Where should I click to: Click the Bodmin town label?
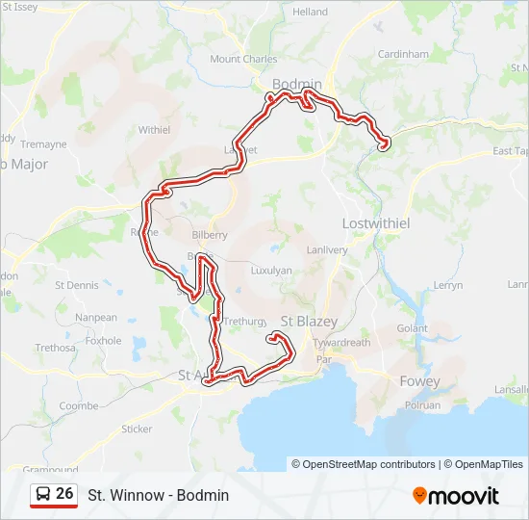(296, 85)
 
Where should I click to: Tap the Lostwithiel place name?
(376, 222)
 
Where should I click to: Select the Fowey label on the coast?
(420, 381)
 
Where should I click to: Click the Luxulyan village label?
(270, 271)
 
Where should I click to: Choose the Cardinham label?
(403, 55)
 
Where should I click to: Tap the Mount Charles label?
(243, 59)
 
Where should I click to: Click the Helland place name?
(310, 12)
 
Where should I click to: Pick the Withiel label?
(154, 129)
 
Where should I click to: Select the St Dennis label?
(77, 285)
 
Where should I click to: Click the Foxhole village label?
(103, 341)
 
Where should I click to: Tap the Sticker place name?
(137, 429)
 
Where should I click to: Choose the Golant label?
(412, 328)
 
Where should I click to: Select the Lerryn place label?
(448, 286)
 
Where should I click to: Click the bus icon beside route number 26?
(42, 494)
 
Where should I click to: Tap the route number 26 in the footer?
(64, 494)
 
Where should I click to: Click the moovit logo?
(456, 496)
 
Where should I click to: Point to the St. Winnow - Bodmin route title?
(159, 495)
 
